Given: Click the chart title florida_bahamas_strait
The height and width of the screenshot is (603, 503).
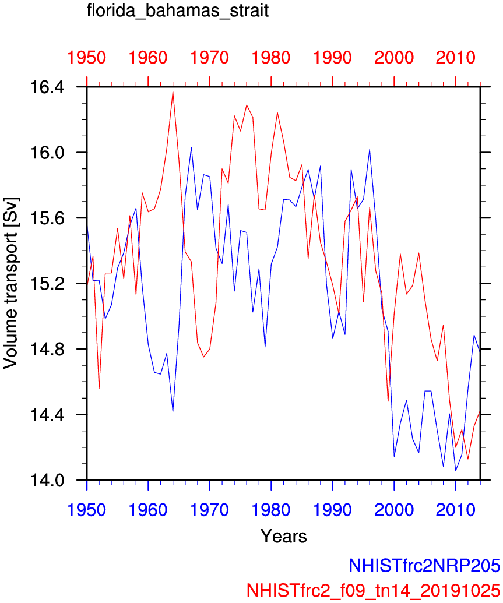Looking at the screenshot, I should click(x=177, y=12).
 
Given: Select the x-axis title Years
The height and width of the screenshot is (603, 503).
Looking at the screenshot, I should click(x=283, y=535).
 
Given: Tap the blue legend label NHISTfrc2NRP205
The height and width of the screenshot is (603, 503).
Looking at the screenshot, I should click(x=424, y=565).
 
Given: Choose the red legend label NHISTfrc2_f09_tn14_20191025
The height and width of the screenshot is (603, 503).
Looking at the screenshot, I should click(x=374, y=589).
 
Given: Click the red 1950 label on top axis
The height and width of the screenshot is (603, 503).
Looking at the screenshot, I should click(x=87, y=58).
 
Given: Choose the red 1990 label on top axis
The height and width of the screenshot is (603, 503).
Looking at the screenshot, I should click(x=333, y=58).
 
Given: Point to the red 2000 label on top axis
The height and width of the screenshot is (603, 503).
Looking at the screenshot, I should click(x=394, y=58).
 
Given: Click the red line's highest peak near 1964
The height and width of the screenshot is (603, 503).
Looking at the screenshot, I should click(x=173, y=91).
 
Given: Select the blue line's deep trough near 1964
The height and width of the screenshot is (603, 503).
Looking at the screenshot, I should click(x=173, y=412).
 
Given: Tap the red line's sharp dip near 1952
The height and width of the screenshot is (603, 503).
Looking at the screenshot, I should click(x=99, y=389).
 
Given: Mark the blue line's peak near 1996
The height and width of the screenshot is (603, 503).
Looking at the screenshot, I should click(x=370, y=150).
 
